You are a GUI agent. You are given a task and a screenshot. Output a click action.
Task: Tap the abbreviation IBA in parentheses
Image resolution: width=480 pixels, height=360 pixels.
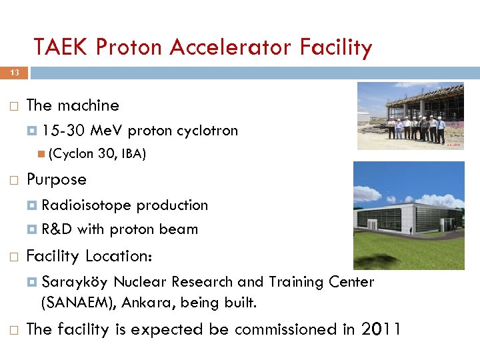pos(132,154)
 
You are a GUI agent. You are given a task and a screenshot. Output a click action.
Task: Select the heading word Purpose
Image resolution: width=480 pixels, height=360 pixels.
pos(56,179)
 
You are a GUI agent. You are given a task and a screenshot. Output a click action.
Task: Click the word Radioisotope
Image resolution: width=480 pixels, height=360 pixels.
pos(86,205)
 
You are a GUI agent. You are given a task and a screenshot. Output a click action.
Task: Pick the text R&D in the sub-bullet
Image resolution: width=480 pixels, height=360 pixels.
pos(57,229)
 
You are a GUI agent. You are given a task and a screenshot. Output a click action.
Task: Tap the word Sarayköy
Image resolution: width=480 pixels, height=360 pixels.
pos(75,282)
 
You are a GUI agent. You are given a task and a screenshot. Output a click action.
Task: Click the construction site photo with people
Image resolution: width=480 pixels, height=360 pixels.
pos(410,116)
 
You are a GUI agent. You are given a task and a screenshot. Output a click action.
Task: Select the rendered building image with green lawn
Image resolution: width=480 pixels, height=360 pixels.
pos(408,215)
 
